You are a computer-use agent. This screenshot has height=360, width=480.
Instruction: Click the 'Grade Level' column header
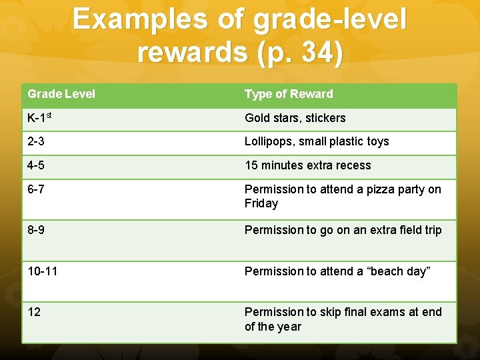pyautogui.click(x=61, y=94)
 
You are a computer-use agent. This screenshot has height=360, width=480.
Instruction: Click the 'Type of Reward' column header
pyautogui.click(x=289, y=94)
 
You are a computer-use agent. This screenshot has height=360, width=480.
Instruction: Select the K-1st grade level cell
pyautogui.click(x=41, y=118)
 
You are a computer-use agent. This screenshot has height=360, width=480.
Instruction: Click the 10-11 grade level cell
pyautogui.click(x=42, y=271)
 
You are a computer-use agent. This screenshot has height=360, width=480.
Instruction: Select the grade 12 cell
pyautogui.click(x=34, y=312)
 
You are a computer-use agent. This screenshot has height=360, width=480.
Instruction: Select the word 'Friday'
pyautogui.click(x=261, y=203)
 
